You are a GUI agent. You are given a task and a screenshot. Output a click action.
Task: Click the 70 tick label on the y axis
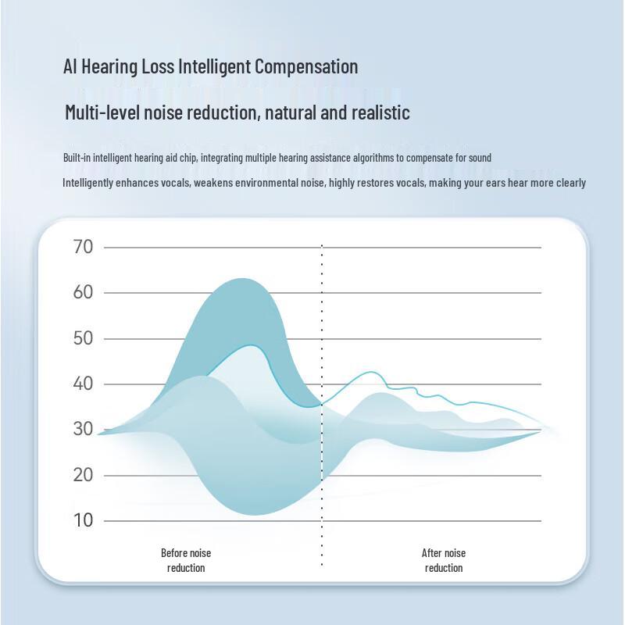tap(84, 247)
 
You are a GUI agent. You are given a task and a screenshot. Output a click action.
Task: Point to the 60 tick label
tap(84, 292)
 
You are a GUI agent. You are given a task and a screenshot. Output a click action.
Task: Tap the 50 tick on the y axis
tap(84, 338)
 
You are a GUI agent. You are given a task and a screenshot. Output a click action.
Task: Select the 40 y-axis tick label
tap(84, 384)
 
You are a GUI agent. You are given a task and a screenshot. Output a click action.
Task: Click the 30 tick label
tap(84, 429)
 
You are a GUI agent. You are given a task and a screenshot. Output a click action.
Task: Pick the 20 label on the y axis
tap(84, 474)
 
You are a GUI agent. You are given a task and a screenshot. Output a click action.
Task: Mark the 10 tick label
tap(84, 520)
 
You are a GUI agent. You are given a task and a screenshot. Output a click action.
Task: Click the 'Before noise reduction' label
tap(186, 560)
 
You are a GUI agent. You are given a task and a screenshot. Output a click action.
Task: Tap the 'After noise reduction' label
tap(444, 560)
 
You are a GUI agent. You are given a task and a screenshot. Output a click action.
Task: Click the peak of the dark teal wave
tap(243, 279)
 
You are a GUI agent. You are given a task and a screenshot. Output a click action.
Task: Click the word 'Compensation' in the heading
tap(307, 67)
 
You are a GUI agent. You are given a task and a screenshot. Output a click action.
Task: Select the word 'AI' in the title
tap(70, 66)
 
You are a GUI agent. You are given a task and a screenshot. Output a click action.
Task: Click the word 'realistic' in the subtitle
tap(380, 112)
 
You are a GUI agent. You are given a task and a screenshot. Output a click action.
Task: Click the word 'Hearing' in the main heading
tap(109, 67)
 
